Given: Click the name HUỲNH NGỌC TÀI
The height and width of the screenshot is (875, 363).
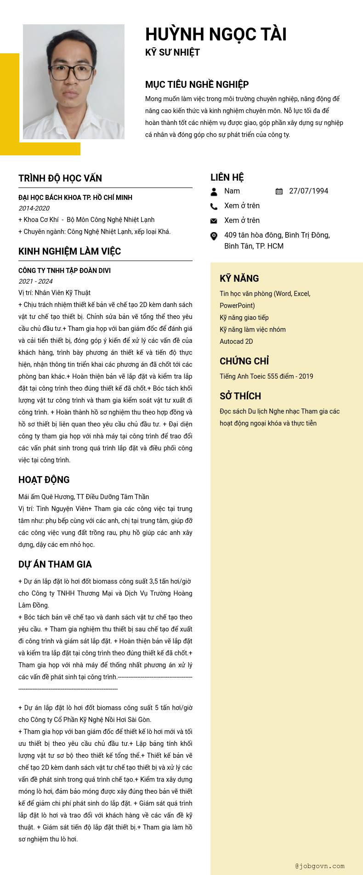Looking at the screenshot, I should [x=216, y=34].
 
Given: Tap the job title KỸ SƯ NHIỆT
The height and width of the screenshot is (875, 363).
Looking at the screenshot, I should [x=172, y=52].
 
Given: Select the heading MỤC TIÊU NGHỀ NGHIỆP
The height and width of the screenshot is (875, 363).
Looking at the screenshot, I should [x=197, y=85].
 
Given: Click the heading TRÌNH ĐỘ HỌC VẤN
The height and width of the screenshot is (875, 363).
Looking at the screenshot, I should [x=60, y=178].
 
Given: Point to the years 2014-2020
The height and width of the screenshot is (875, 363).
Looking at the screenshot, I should [x=34, y=208].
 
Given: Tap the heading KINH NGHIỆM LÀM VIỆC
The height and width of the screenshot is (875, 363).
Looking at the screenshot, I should [x=69, y=251].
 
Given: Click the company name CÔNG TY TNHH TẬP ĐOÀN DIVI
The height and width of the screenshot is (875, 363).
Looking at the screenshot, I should [x=64, y=271].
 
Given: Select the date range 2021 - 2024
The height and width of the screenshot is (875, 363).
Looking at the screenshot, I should [x=35, y=281].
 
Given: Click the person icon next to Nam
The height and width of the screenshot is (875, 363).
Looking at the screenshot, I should [x=214, y=192].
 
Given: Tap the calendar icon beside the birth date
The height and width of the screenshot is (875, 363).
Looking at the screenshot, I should [x=279, y=191].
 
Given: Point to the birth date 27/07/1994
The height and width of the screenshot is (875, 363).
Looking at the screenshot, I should [x=308, y=191].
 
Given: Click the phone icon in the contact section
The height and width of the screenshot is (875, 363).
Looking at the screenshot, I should [x=214, y=206].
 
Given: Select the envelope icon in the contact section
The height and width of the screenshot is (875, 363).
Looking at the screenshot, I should [x=214, y=221].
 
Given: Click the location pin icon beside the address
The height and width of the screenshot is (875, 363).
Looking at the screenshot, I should [x=214, y=236].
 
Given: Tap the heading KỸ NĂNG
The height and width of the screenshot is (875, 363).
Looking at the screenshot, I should [x=239, y=278].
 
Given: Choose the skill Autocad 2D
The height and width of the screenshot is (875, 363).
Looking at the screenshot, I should [x=236, y=341].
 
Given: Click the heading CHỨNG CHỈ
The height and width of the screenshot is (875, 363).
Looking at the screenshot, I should [x=244, y=361].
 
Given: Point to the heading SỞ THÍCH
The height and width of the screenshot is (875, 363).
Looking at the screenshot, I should [x=240, y=396].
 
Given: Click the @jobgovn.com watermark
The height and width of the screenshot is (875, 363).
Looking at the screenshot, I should [x=320, y=866].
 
